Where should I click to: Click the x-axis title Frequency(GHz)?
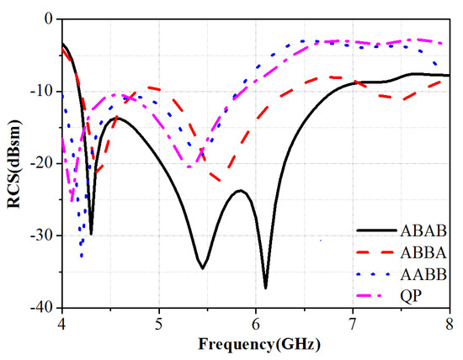point(256,344)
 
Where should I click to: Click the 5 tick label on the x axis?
point(158,323)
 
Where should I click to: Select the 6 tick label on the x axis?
point(256,323)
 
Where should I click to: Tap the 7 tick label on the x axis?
point(353,323)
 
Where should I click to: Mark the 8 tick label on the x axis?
point(450,323)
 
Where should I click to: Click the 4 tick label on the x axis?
point(61,323)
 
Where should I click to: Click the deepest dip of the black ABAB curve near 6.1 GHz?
point(266,288)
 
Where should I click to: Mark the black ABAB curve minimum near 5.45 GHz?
point(203,268)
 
